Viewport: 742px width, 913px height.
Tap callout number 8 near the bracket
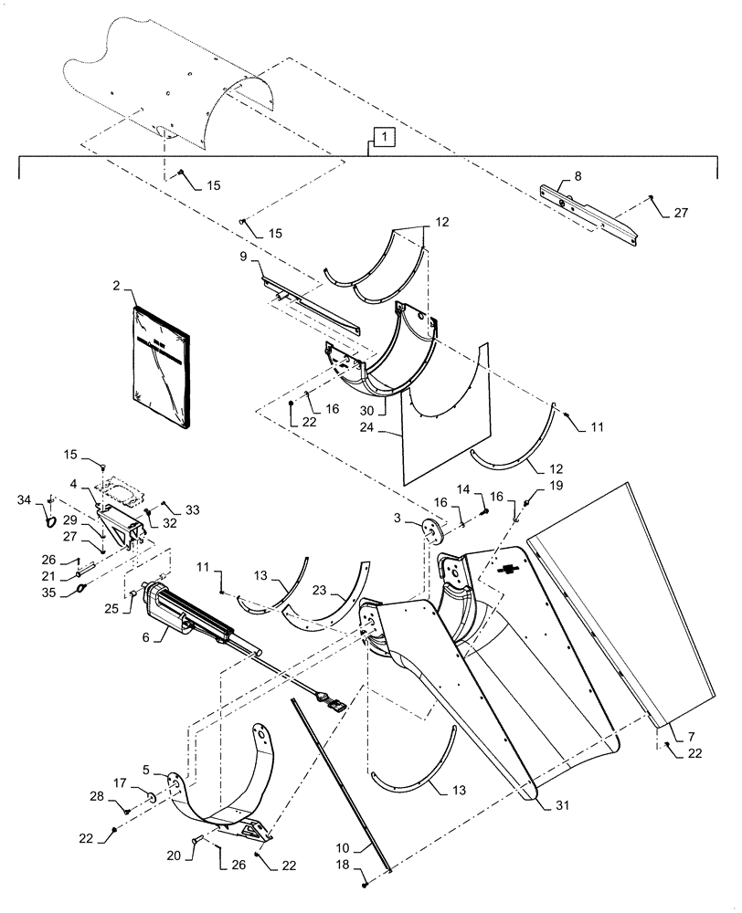click(551, 173)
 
